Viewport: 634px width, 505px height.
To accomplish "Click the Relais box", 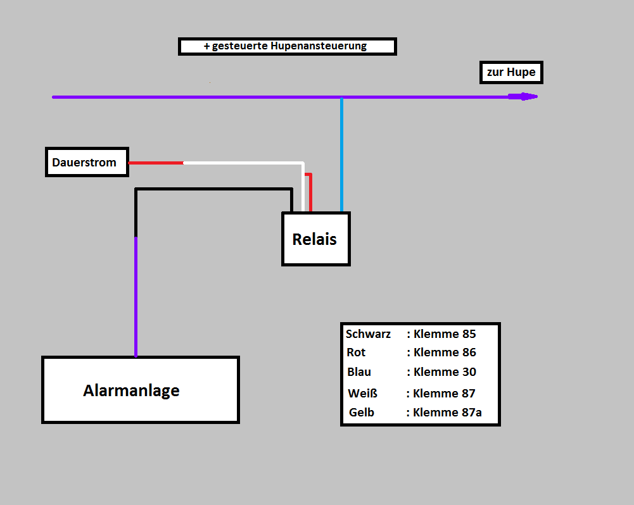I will coord(315,239).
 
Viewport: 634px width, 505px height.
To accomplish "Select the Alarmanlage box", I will coord(140,390).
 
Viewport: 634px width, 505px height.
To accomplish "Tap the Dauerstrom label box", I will coord(87,162).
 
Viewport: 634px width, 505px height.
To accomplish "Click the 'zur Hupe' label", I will coord(511,72).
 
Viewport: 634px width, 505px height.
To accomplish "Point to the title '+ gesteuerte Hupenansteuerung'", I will coord(287,46).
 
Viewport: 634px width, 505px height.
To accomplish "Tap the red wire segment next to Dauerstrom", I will coord(156,163).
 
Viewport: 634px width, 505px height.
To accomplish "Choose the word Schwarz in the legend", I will coord(368,334).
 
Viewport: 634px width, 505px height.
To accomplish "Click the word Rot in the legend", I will coord(356,352).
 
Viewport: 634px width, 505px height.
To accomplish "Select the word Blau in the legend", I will coord(359,372).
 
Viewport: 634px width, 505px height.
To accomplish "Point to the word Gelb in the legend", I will coord(362,413).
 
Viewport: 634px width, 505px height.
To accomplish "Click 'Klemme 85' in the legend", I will coord(445,334).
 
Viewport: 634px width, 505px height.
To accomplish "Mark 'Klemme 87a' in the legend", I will coord(447,413).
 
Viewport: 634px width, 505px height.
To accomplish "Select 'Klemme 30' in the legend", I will coord(445,372).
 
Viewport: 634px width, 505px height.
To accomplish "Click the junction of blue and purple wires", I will coord(341,97).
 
